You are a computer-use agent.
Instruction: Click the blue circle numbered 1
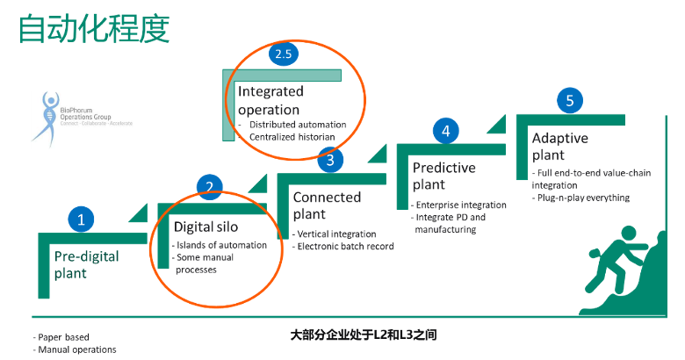[81, 220]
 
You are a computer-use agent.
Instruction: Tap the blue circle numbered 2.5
[283, 54]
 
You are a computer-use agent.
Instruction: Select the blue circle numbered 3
[329, 160]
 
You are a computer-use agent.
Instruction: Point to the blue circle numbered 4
[446, 132]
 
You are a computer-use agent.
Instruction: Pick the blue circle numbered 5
[570, 101]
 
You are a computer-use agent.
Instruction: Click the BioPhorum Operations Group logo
[90, 119]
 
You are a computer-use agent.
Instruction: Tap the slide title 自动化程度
[94, 28]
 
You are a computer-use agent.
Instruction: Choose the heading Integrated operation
[270, 100]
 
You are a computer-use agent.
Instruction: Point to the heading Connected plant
[327, 205]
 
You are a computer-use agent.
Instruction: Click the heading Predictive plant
[443, 176]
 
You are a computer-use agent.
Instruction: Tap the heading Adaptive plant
[559, 147]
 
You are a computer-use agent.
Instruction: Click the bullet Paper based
[62, 336]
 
